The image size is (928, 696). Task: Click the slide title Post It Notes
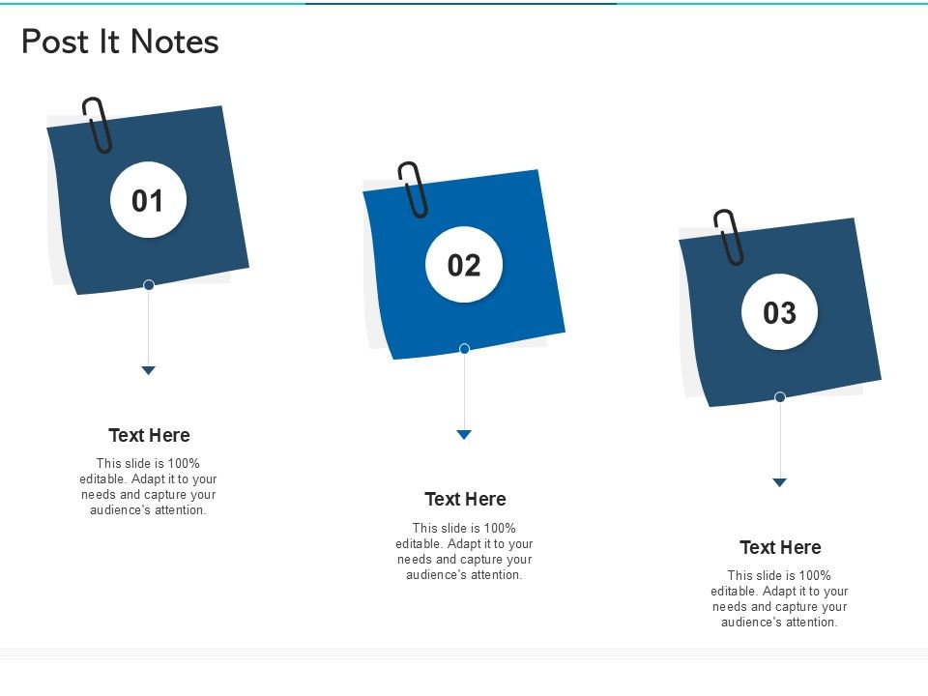(120, 42)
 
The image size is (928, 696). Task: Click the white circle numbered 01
(148, 200)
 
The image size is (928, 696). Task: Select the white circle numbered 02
(464, 265)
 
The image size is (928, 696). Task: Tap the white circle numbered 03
(779, 312)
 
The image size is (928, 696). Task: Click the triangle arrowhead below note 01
(149, 370)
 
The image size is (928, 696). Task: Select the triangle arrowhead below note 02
(464, 434)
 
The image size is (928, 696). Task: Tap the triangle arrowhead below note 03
(779, 482)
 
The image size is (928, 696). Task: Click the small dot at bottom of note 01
(149, 284)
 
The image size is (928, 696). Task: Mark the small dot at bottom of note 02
(465, 349)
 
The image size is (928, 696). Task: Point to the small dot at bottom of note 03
(780, 396)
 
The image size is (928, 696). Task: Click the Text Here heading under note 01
(149, 435)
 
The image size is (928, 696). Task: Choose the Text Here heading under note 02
(465, 499)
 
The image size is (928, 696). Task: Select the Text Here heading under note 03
(781, 547)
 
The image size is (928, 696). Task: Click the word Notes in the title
(175, 42)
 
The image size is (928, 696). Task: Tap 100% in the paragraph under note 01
(184, 463)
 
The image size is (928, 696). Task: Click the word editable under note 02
(419, 543)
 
